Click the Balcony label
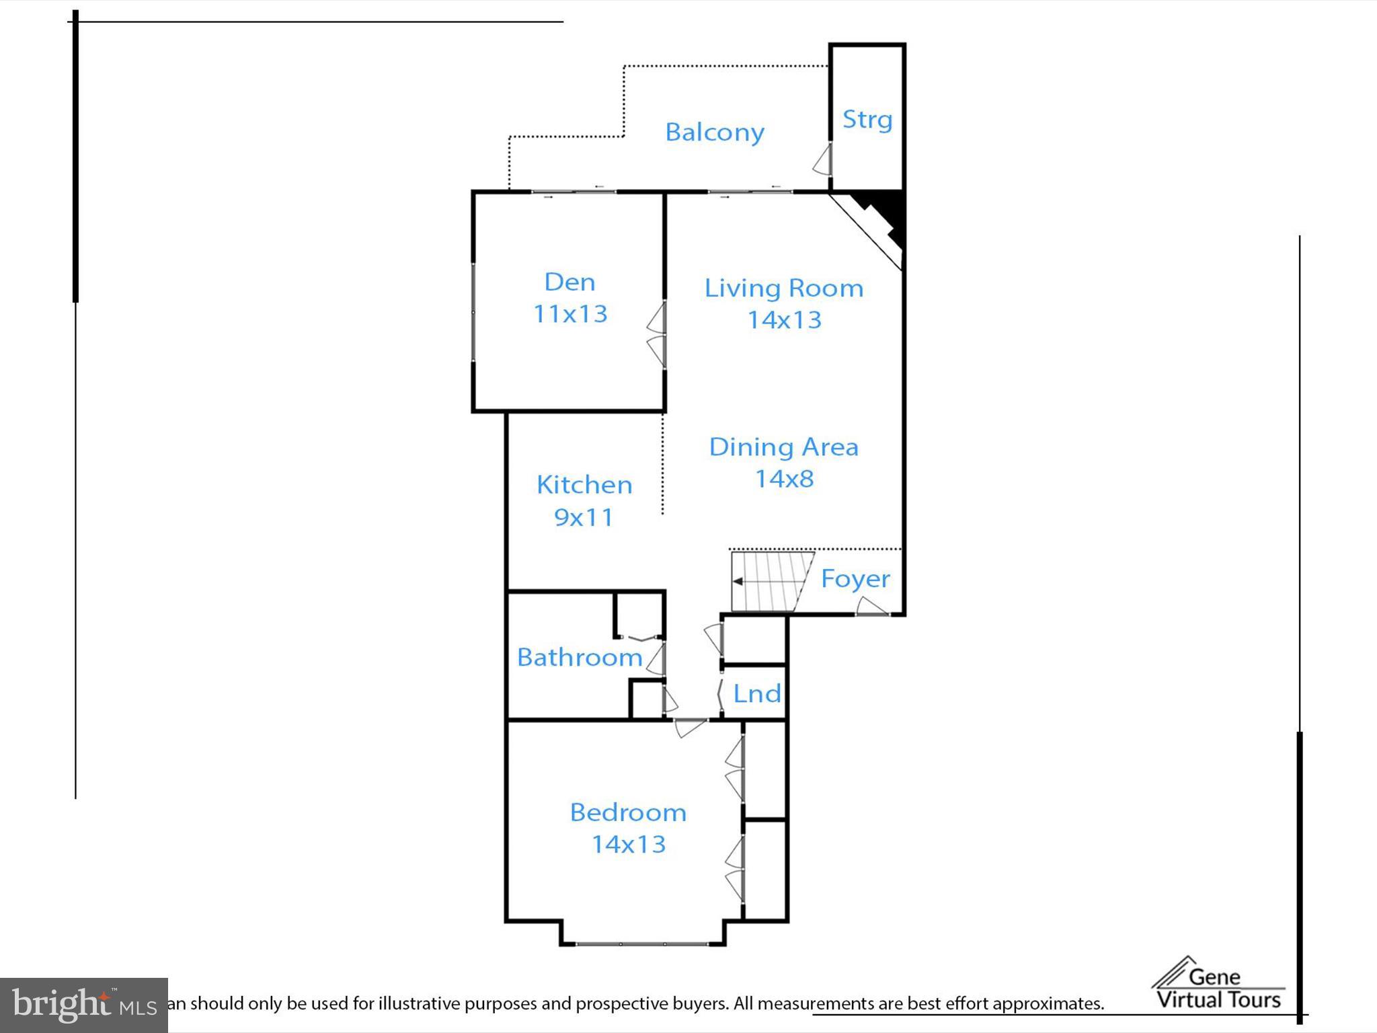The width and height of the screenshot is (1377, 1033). (714, 132)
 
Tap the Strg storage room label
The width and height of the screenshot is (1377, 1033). (867, 120)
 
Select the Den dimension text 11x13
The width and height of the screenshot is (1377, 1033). (570, 314)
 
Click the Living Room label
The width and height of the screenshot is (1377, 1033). (783, 289)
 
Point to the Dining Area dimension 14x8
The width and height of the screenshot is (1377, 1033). (784, 479)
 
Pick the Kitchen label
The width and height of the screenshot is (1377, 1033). (584, 485)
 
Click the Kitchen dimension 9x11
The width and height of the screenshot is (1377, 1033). (584, 517)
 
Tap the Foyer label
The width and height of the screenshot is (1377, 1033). (855, 579)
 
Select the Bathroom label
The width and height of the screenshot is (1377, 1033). (580, 658)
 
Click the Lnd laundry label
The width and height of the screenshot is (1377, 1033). (756, 694)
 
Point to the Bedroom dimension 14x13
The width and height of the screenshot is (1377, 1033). (628, 845)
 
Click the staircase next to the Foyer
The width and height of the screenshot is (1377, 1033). (770, 581)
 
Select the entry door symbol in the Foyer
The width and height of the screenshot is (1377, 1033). (871, 607)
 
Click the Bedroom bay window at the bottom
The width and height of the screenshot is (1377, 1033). (642, 944)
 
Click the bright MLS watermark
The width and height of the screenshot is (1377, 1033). (83, 1005)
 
